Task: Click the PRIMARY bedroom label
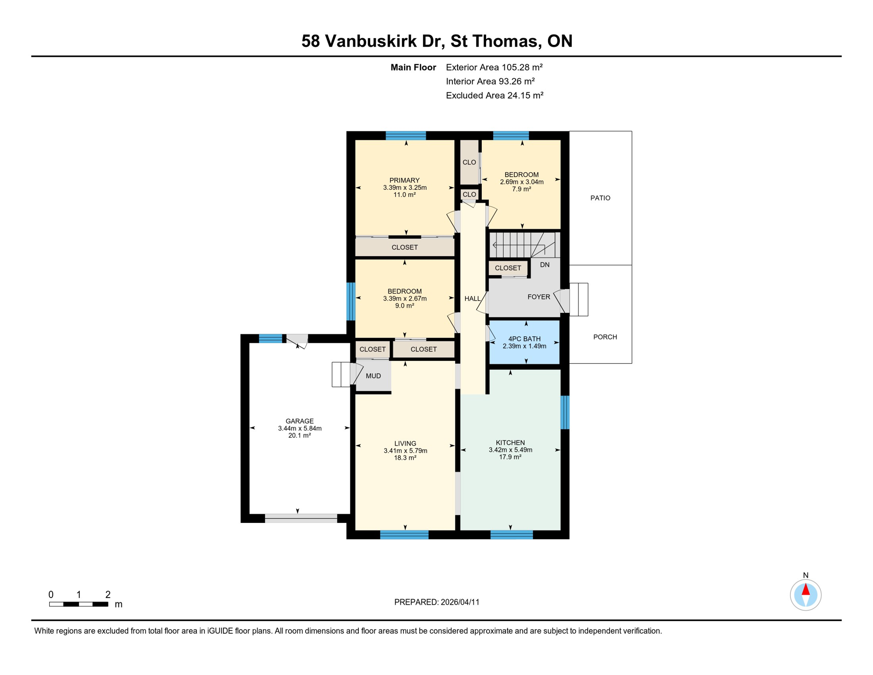click(404, 180)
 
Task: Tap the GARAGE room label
click(299, 421)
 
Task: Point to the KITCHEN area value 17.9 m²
click(510, 457)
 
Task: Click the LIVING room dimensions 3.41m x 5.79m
click(405, 450)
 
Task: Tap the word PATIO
click(600, 198)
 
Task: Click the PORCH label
click(605, 337)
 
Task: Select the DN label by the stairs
click(545, 265)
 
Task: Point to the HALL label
click(472, 299)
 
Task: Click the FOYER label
click(538, 297)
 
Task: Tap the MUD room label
click(373, 376)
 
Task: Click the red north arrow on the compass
click(805, 589)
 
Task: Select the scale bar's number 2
click(108, 595)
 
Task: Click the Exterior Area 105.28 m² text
click(494, 67)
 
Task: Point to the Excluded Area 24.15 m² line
click(494, 95)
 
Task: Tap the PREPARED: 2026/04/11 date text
click(436, 602)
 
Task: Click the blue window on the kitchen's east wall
click(565, 412)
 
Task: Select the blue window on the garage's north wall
click(270, 338)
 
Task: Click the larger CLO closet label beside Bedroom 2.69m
click(469, 162)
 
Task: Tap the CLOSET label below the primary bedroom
click(404, 247)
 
